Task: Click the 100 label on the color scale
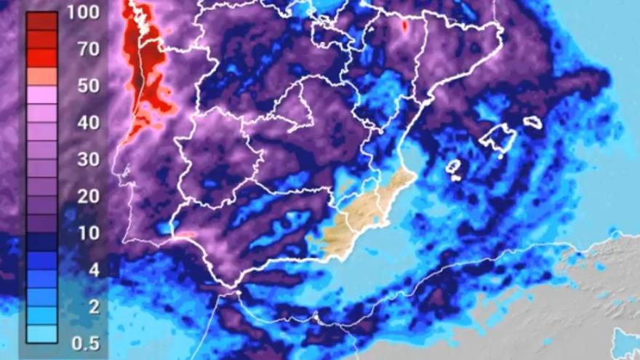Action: [x=82, y=12]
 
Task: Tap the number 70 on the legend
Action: [x=82, y=49]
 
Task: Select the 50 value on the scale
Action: [x=82, y=86]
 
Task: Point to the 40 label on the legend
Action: [x=82, y=123]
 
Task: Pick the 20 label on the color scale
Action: [x=82, y=197]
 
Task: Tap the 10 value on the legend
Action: [x=82, y=233]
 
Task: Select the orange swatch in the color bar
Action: [x=42, y=76]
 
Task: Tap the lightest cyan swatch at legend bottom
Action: [x=42, y=335]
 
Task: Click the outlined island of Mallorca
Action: [x=498, y=138]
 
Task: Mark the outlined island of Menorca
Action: [x=534, y=121]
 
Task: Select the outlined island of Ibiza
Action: [x=453, y=167]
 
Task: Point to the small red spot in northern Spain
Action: [x=404, y=25]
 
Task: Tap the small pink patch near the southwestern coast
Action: [x=186, y=234]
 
